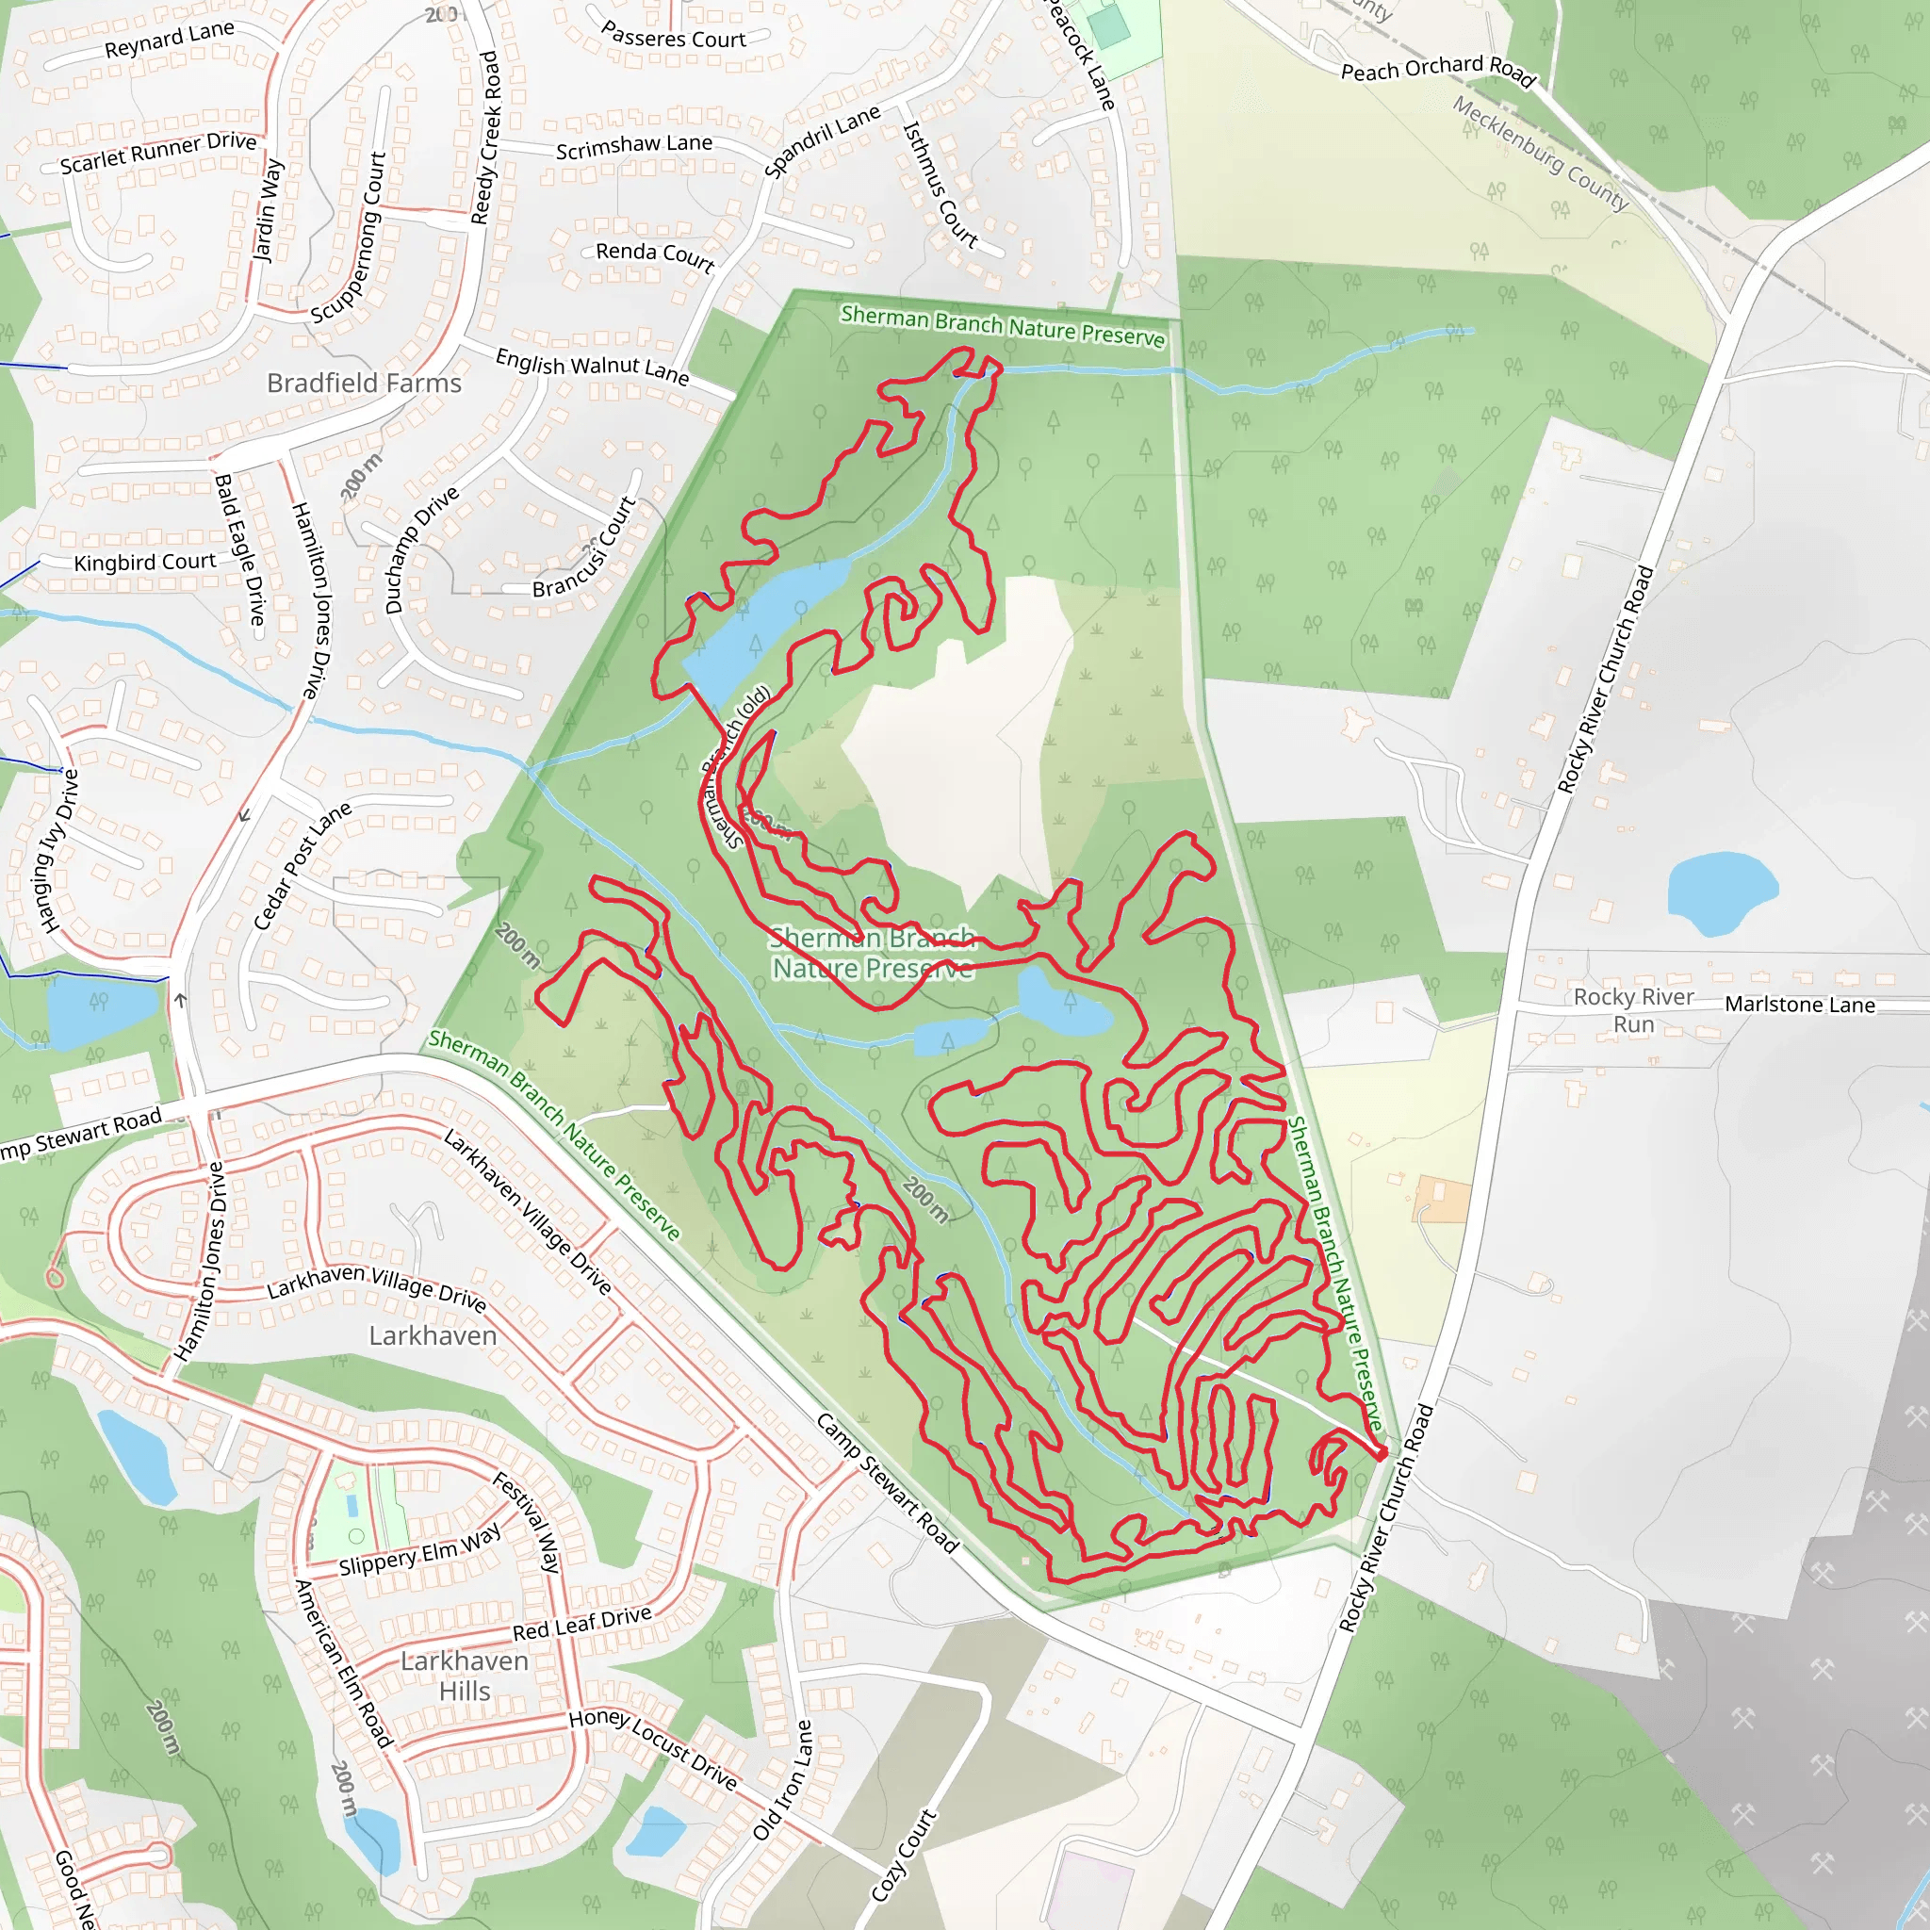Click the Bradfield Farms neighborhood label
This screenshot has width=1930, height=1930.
(x=364, y=384)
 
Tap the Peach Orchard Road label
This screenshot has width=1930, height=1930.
(x=1437, y=69)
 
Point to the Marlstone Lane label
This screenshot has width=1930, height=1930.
(x=1799, y=1005)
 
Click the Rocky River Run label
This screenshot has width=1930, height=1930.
(x=1633, y=1010)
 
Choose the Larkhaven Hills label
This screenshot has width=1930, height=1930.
(x=465, y=1676)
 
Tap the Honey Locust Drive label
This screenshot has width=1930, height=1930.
(x=653, y=1748)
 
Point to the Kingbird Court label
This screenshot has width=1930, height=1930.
(x=145, y=563)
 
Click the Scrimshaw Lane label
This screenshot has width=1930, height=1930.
(x=634, y=147)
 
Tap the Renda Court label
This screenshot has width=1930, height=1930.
(x=655, y=255)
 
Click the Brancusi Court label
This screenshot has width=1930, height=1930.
(x=584, y=548)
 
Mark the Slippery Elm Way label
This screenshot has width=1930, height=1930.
(x=419, y=1549)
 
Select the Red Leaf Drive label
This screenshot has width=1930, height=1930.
(x=581, y=1624)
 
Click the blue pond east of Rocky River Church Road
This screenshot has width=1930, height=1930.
(x=1721, y=891)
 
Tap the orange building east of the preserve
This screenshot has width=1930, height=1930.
(x=1443, y=1200)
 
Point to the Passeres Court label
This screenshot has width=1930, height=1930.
(x=673, y=37)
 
